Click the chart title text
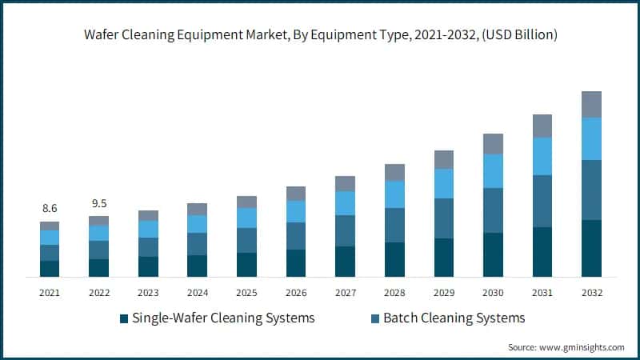click(320, 35)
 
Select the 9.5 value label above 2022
click(98, 202)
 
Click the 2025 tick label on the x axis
click(246, 294)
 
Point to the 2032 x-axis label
click(591, 294)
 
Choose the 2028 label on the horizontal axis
click(394, 294)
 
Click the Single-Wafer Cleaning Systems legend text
click(223, 318)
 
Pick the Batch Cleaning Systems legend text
click(454, 318)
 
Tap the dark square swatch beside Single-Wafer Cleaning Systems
click(124, 319)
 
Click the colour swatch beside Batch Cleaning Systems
click(375, 319)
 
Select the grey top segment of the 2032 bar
click(591, 104)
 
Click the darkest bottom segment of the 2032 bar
click(591, 248)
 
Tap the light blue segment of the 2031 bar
click(542, 156)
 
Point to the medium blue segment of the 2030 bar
click(493, 210)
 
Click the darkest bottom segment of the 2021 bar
click(50, 268)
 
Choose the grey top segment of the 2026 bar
click(296, 193)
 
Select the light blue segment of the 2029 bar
click(444, 183)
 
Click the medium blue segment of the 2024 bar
click(197, 244)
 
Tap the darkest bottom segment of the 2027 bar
click(345, 261)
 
